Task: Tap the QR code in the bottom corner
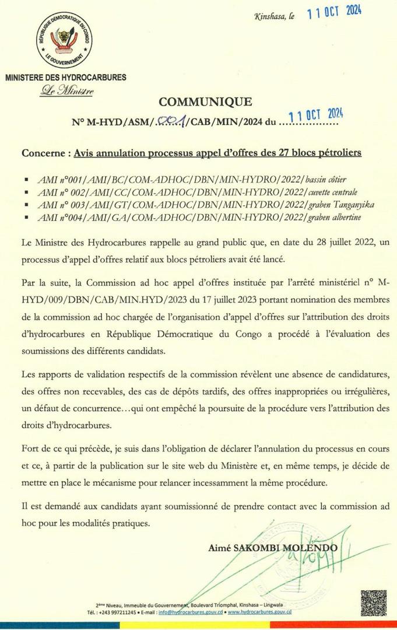373,603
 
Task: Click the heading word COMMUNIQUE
205,102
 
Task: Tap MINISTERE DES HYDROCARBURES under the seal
65,77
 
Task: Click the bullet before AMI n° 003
26,205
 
